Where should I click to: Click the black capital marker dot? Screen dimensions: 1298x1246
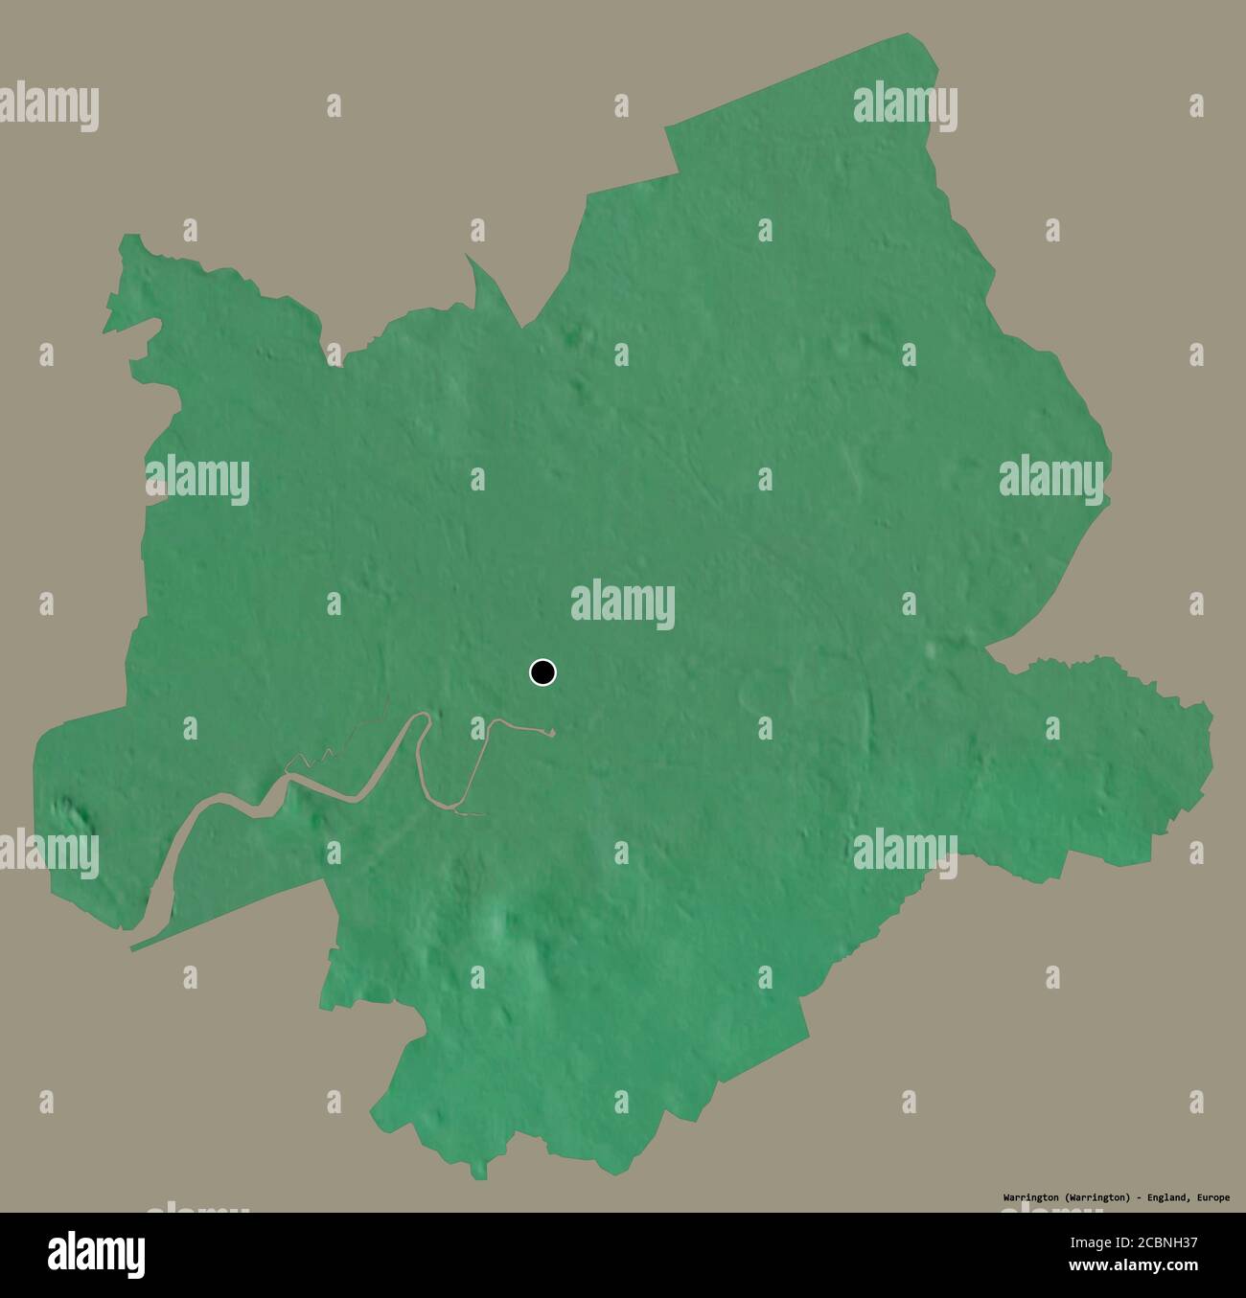pyautogui.click(x=542, y=672)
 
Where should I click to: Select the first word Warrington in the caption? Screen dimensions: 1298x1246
pyautogui.click(x=1029, y=1197)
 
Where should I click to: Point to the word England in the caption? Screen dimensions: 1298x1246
pyautogui.click(x=1167, y=1197)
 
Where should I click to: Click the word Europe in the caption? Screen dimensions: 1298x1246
pyautogui.click(x=1211, y=1197)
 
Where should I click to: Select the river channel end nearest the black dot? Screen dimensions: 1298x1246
pyautogui.click(x=551, y=735)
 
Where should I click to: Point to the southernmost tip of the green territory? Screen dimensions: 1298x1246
pyautogui.click(x=480, y=1176)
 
